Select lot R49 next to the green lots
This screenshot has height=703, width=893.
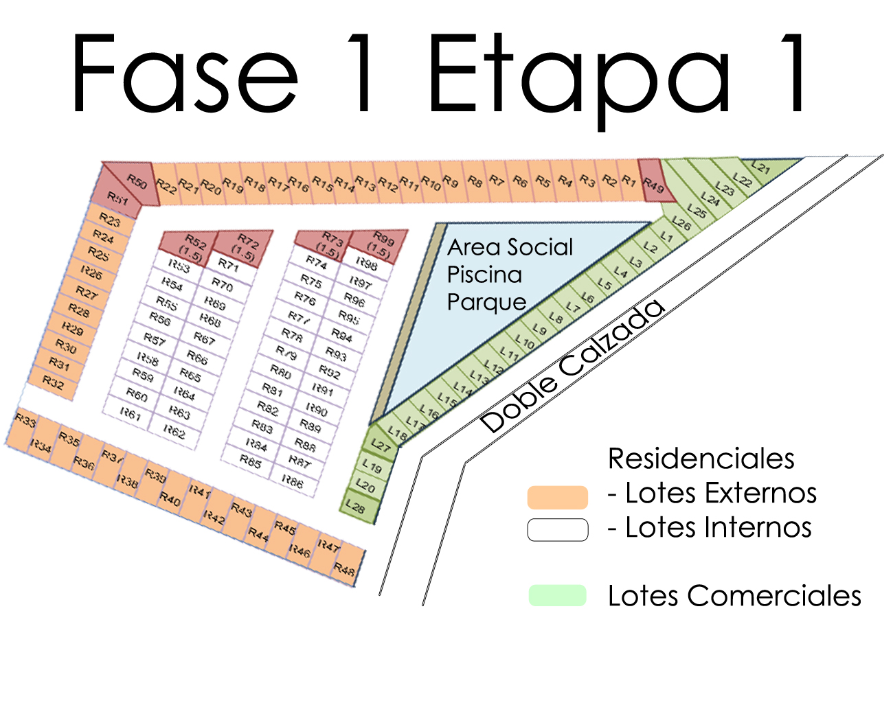point(653,183)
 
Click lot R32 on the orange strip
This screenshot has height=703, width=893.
point(54,382)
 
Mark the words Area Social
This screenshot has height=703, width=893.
point(510,247)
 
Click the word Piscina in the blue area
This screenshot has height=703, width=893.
point(484,275)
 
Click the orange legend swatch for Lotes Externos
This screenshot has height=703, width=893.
point(557,496)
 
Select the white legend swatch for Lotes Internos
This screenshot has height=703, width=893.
point(557,529)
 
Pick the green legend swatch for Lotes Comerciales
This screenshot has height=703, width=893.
point(557,595)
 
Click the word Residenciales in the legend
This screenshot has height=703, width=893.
point(701,459)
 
